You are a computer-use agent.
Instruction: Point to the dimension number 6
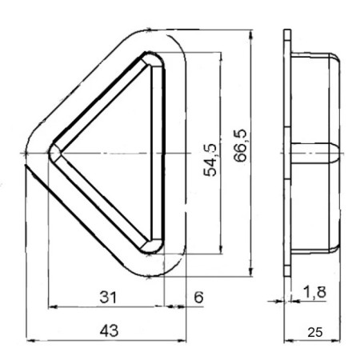coord(198,298)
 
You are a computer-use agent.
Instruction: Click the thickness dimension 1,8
coord(314,294)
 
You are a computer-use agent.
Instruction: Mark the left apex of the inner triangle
coord(53,151)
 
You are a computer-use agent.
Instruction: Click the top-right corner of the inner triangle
coord(158,59)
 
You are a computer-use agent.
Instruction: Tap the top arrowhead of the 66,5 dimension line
coord(252,36)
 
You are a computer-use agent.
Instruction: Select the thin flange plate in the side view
coord(286,152)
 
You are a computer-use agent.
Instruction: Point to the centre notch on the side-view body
coord(332,151)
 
